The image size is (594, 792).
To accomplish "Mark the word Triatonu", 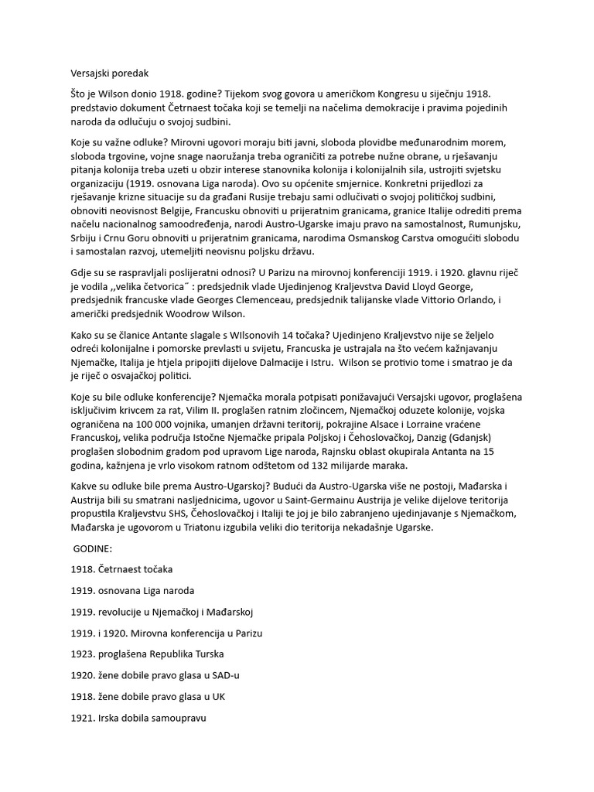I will [x=194, y=529].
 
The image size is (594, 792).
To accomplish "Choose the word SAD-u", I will [x=227, y=676].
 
